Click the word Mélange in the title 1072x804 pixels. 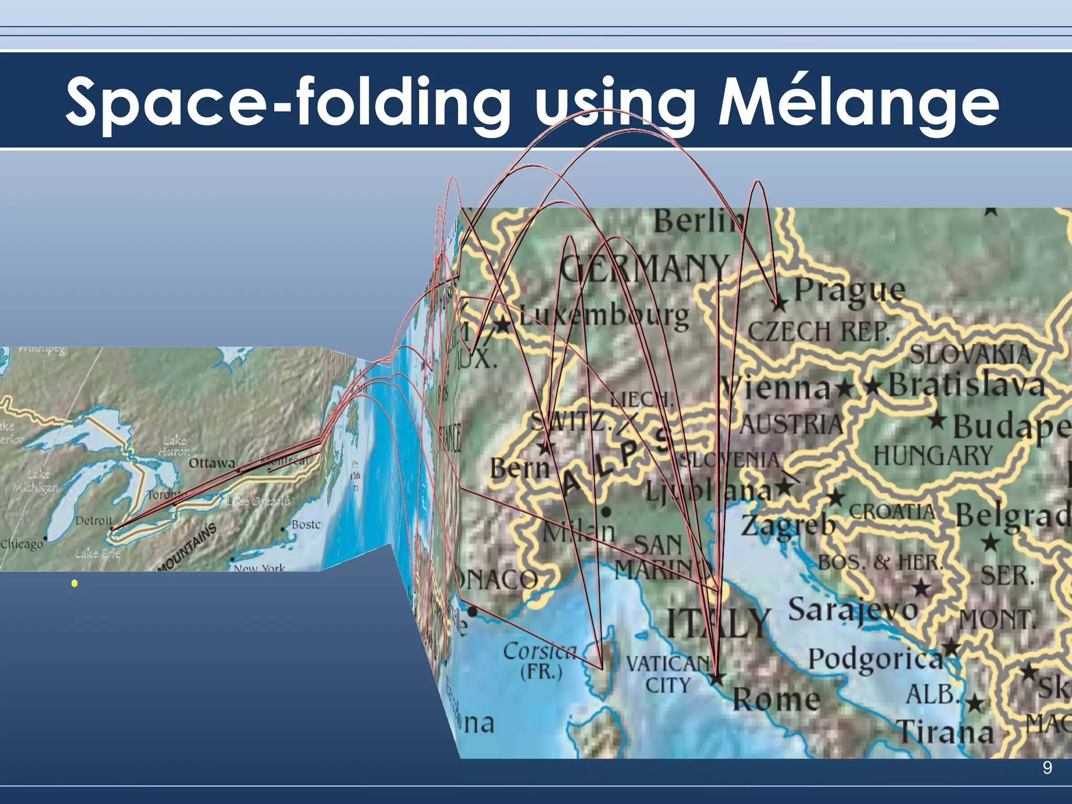[x=858, y=102]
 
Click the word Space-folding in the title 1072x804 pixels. [x=288, y=102]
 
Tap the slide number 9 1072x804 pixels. [x=1047, y=768]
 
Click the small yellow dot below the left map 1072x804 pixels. [x=75, y=583]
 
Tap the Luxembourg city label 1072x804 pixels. [x=605, y=317]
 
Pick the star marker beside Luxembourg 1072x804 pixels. [x=503, y=325]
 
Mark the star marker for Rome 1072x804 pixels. [x=717, y=678]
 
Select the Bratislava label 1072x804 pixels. [x=966, y=385]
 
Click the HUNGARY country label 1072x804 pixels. [x=933, y=455]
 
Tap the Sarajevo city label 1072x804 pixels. [x=853, y=610]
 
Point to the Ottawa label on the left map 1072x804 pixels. [x=212, y=463]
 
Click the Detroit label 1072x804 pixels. [x=94, y=520]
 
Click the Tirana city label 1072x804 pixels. [x=945, y=731]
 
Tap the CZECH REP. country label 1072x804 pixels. [x=818, y=331]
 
